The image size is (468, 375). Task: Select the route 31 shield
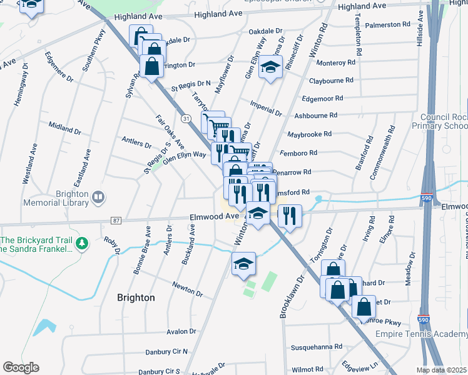pos(186,117)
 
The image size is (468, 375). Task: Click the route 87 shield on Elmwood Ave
pos(116,220)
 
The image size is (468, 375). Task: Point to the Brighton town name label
pos(136,297)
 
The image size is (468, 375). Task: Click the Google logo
pos(21,367)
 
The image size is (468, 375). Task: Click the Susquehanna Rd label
pos(317,346)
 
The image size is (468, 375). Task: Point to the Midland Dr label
pos(64,127)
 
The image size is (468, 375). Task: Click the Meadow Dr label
pos(410,269)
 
